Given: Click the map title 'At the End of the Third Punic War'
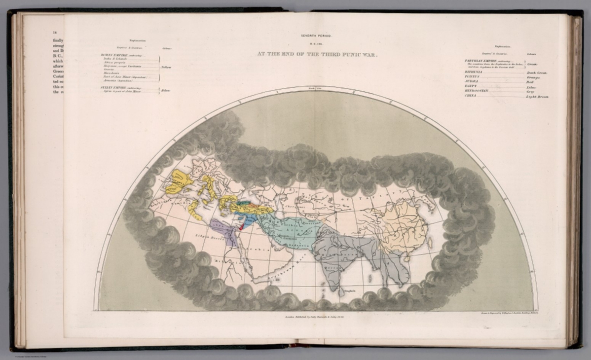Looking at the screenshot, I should coord(317,54).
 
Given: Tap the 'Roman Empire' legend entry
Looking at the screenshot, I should coord(115,55).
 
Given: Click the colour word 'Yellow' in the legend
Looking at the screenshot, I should coord(166,67).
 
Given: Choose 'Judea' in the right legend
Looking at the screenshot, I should coord(471,81).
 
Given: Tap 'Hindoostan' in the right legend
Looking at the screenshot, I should coord(476,91).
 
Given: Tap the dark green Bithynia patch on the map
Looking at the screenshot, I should coord(243,203).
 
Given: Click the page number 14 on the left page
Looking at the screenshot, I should coord(55,33).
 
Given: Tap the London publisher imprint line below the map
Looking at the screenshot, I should coord(314,316).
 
